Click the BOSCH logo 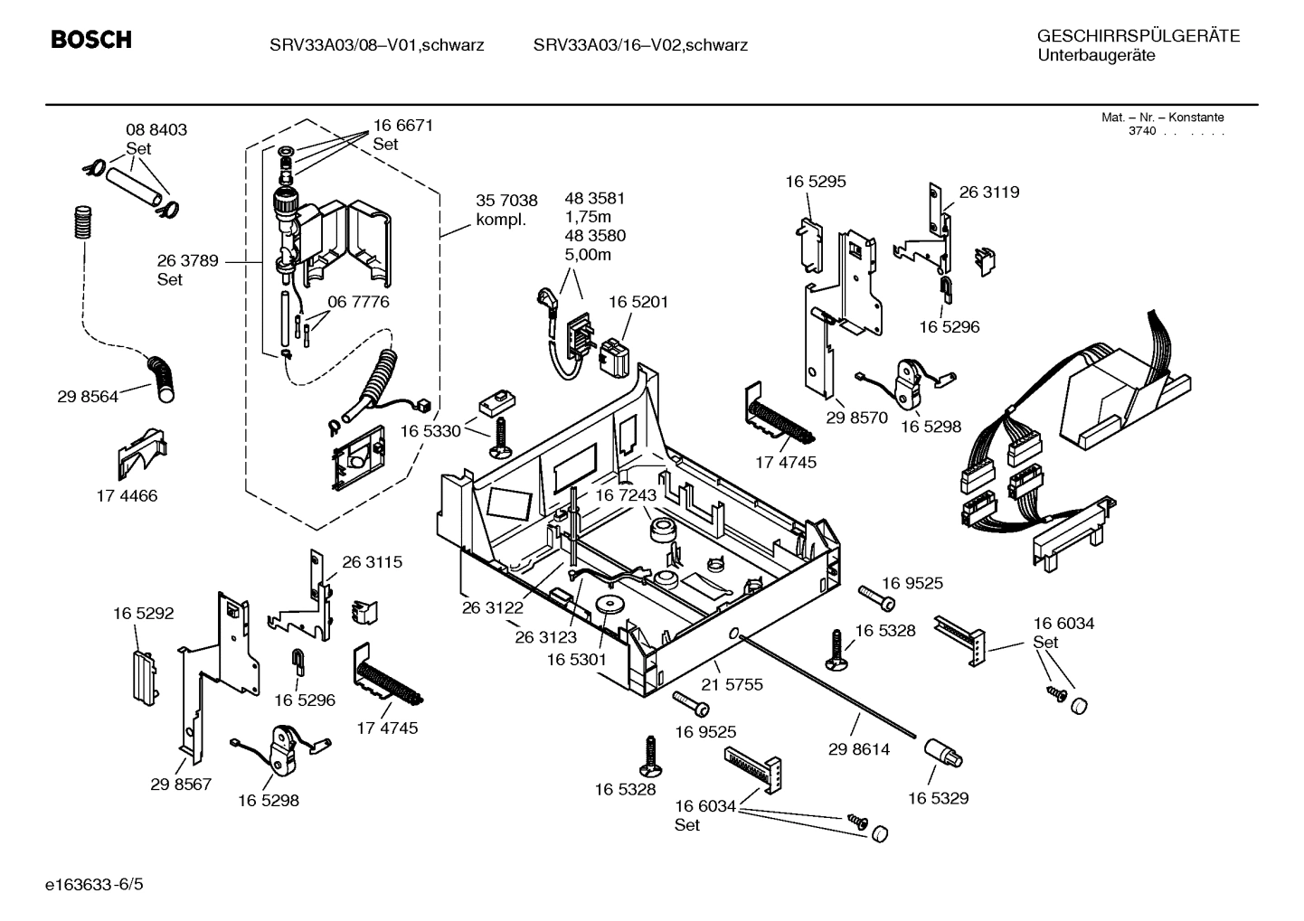click(90, 41)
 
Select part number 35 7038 click(506, 201)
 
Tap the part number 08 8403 click(156, 130)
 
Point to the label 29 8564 click(88, 396)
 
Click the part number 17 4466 click(127, 495)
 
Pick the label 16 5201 click(638, 302)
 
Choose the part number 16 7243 click(625, 495)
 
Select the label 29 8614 click(858, 749)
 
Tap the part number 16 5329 click(938, 798)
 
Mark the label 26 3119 click(988, 192)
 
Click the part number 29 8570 click(856, 418)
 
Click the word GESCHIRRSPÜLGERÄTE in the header click(1138, 36)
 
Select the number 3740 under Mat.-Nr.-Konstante click(1142, 132)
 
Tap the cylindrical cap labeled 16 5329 click(942, 752)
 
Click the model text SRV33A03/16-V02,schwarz click(640, 45)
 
